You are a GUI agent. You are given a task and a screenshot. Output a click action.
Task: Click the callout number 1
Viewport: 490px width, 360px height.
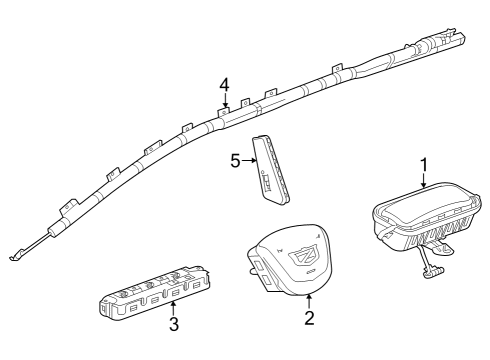point(423,162)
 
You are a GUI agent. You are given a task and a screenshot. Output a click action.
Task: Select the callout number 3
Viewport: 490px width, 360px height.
point(173,325)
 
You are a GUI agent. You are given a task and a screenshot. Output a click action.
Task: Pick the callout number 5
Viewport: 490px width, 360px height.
point(236,160)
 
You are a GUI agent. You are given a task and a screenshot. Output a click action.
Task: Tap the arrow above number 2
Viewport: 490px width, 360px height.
point(309,299)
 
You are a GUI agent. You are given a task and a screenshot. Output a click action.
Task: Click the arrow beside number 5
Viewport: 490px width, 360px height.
point(251,160)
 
